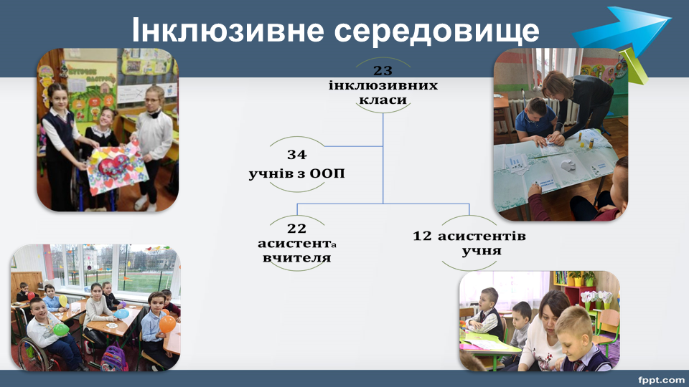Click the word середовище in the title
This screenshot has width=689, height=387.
tap(437, 31)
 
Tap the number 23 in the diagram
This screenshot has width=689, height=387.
tap(383, 70)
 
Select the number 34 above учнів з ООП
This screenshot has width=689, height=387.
tap(297, 155)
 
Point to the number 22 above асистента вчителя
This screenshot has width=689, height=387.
tap(296, 229)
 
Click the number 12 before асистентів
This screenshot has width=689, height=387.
tap(422, 236)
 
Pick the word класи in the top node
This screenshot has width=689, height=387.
tap(383, 100)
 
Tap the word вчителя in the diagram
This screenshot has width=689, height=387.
tap(296, 257)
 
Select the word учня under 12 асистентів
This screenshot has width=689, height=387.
tap(475, 251)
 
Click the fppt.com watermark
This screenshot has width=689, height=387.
tap(661, 379)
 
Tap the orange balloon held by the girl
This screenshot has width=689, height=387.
tap(167, 324)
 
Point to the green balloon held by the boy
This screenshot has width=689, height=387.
tap(61, 330)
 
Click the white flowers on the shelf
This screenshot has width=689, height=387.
tap(596, 297)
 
